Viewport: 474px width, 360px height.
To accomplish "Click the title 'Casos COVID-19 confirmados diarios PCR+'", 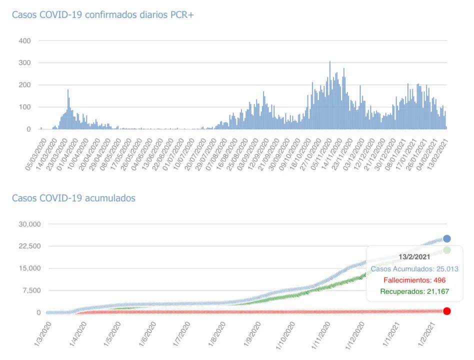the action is [102, 14].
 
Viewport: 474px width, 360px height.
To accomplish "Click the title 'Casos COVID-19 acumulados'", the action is [73, 198].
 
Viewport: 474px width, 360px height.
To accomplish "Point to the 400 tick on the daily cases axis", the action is [24, 40].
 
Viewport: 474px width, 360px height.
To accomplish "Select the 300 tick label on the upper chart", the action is [24, 63].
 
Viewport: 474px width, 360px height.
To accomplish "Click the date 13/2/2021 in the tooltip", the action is [414, 256].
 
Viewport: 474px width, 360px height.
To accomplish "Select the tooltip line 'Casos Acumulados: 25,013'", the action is [414, 268].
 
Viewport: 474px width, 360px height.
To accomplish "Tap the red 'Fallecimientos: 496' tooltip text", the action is [414, 280].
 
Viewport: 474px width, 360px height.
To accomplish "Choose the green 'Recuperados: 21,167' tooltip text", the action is [414, 291].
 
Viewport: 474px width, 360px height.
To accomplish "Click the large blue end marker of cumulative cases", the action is [447, 239].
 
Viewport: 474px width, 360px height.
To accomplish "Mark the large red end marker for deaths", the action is [447, 311].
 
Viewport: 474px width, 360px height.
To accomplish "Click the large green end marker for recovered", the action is [447, 250].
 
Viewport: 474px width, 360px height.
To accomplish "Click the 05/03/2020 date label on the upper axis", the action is [38, 155].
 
